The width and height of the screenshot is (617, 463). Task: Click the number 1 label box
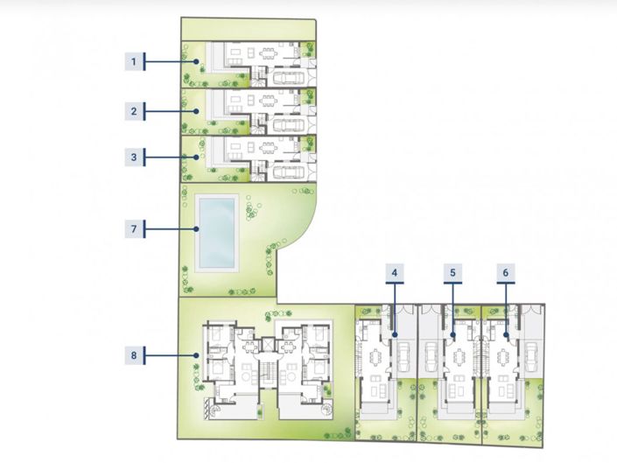tap(134, 62)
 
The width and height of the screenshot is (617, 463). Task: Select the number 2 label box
tap(134, 111)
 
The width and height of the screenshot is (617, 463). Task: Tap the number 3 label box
tap(134, 158)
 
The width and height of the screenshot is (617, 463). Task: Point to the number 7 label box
tap(134, 228)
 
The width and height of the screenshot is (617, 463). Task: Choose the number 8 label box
tap(134, 355)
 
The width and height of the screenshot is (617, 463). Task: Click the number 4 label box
tap(395, 272)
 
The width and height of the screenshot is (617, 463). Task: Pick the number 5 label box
tap(452, 272)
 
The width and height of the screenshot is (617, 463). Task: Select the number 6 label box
tap(506, 272)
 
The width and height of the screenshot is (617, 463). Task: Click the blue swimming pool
tap(217, 233)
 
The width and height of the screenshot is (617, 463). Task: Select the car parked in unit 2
tap(289, 125)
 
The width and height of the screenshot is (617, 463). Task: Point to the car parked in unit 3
tap(289, 172)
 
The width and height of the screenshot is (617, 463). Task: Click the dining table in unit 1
tap(269, 53)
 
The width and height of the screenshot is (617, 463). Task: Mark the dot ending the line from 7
tap(196, 228)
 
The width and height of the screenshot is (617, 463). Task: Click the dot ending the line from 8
tap(196, 355)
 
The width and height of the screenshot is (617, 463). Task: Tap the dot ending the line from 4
tap(395, 334)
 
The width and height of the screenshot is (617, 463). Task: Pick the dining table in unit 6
tap(503, 357)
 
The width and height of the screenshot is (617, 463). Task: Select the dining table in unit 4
tap(375, 358)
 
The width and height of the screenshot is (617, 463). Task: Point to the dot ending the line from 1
tap(196, 62)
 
